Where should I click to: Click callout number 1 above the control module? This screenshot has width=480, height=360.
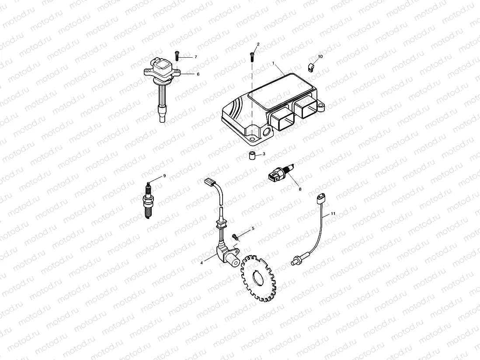point(273,63)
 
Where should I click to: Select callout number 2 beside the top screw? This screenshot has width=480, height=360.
point(258,44)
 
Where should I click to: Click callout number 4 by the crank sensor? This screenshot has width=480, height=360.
point(202,263)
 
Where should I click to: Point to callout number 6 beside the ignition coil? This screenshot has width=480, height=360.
point(198,74)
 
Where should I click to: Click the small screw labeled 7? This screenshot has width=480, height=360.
point(177,55)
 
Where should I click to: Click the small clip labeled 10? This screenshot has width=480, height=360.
point(312,67)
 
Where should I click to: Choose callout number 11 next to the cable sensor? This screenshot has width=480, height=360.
point(333,213)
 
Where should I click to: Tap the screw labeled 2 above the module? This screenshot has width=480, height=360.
point(252,56)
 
